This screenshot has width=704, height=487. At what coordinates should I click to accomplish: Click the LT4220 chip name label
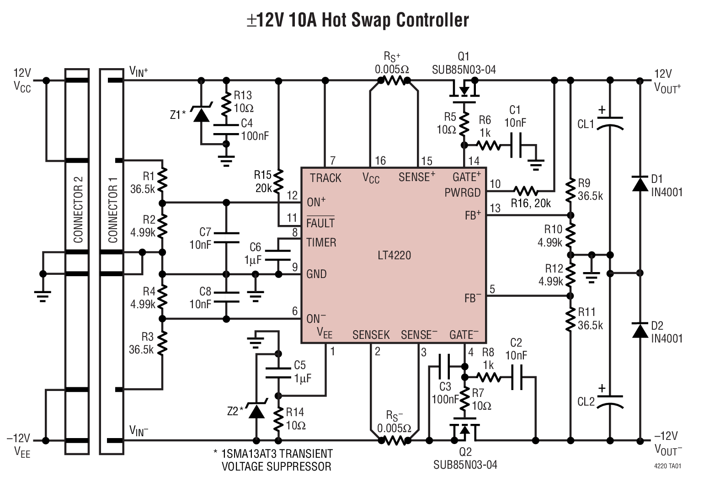click(394, 255)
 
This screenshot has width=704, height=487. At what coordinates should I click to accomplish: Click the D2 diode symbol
click(639, 330)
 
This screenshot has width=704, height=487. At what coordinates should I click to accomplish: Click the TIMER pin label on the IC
click(321, 242)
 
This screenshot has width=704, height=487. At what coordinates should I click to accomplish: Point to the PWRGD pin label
click(463, 193)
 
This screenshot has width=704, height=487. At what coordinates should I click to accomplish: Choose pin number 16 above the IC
click(380, 161)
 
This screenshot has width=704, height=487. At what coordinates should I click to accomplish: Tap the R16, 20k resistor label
click(530, 203)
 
